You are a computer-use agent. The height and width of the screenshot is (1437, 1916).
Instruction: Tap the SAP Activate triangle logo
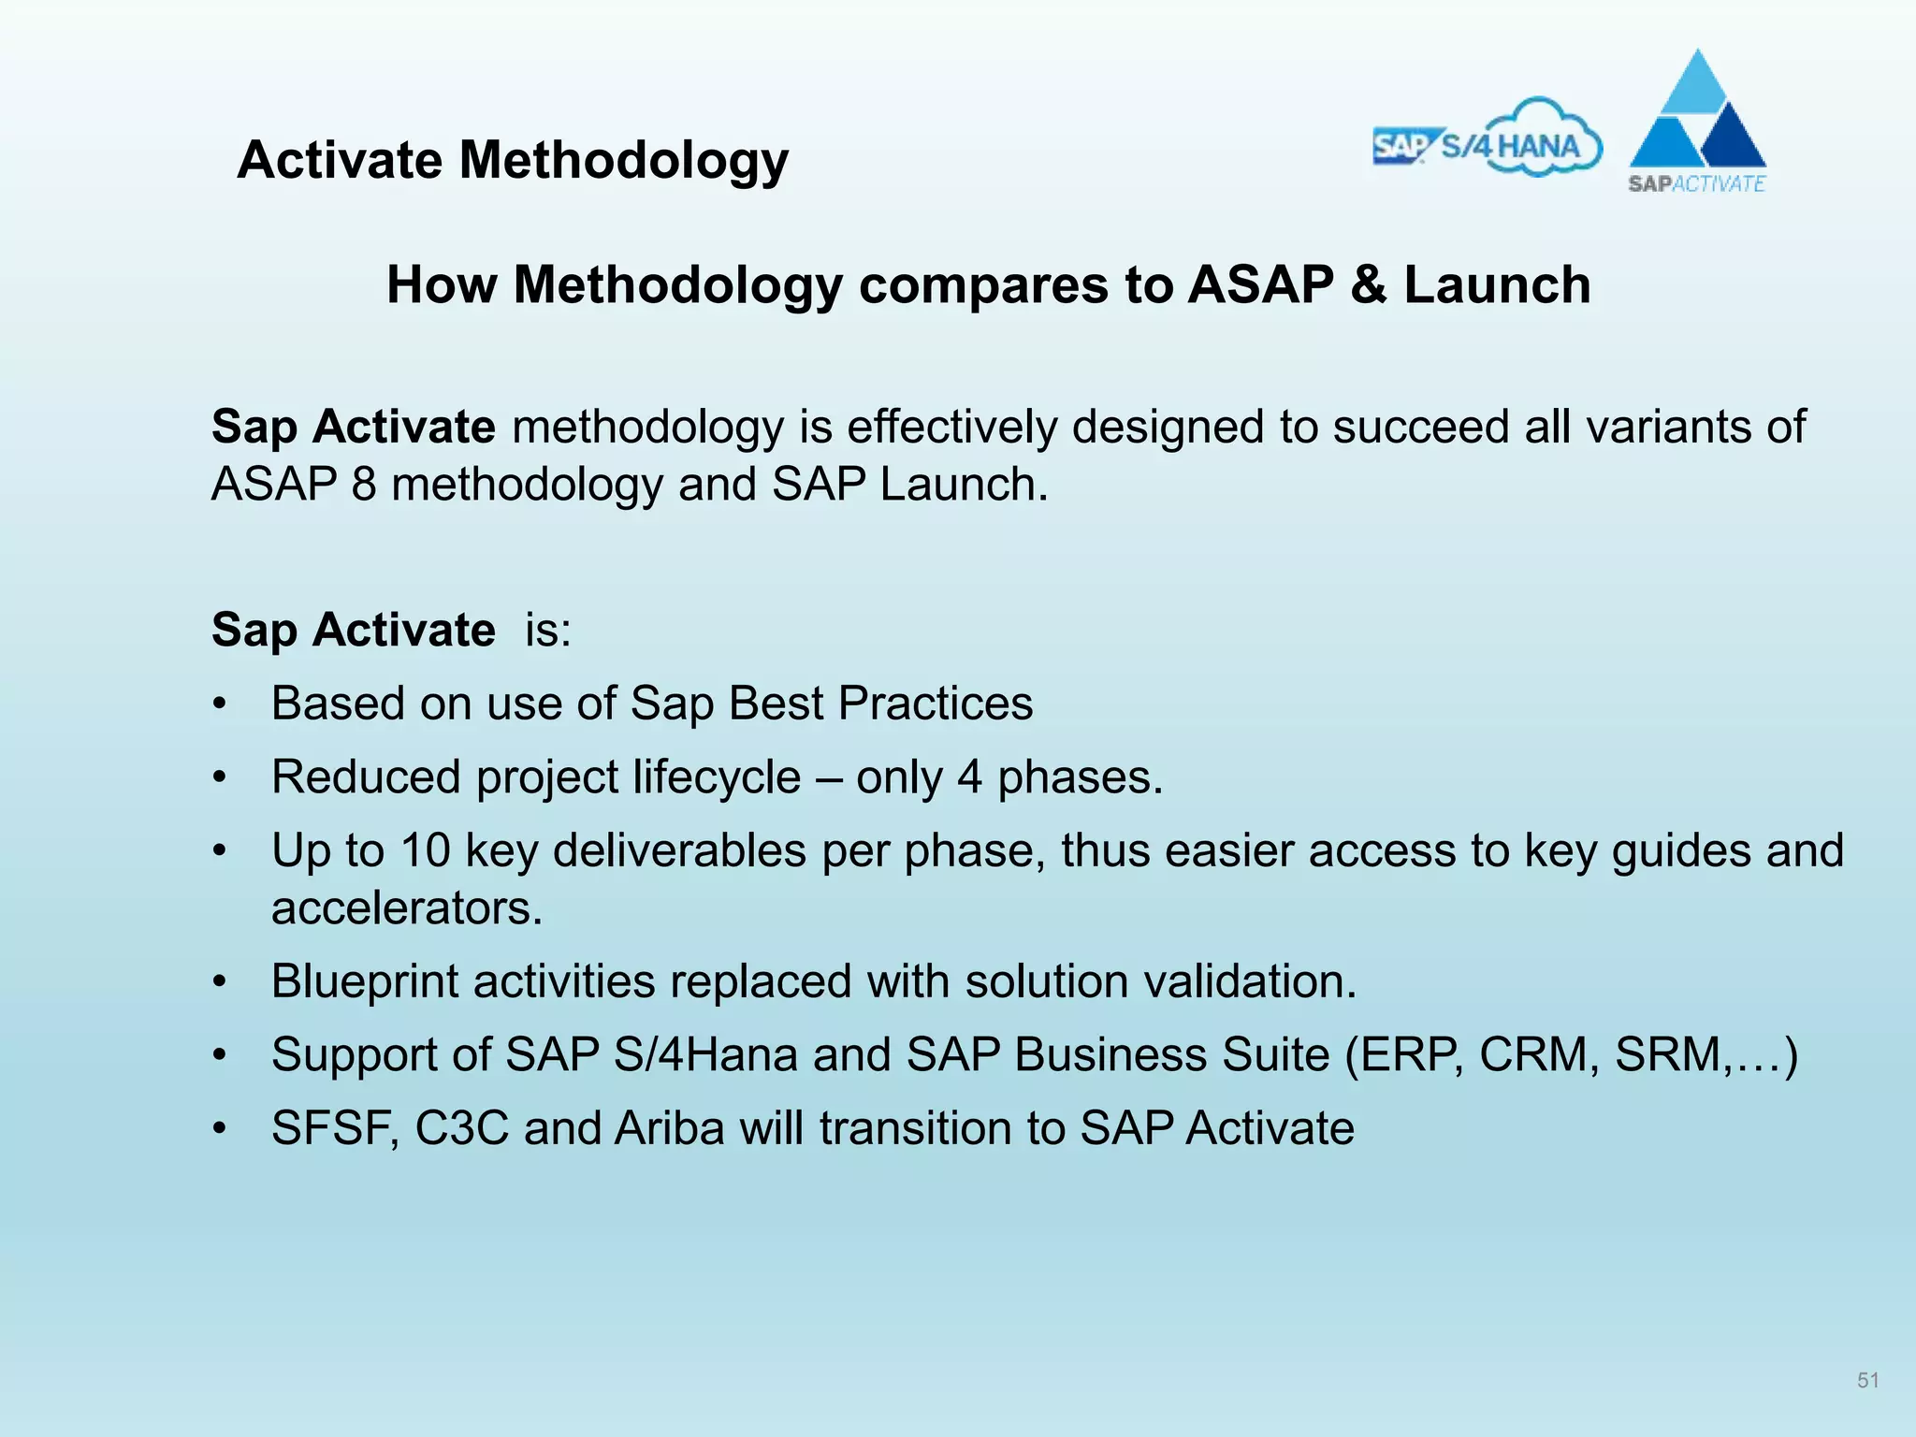coord(1697,122)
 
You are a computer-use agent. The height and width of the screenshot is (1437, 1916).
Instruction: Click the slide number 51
coord(1867,1380)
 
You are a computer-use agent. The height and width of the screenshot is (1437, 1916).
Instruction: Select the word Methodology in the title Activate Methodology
coord(623,161)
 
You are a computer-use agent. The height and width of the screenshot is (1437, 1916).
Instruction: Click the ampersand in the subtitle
coord(1368,284)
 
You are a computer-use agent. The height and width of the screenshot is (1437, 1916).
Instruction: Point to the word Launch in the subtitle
coord(1497,284)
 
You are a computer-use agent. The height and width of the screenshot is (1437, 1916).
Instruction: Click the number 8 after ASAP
coord(364,485)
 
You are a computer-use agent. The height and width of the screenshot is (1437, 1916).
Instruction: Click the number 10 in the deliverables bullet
coord(426,851)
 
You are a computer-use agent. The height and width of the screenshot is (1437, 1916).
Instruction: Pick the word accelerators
coord(407,908)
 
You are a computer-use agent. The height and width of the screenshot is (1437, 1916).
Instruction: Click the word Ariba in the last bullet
coord(669,1128)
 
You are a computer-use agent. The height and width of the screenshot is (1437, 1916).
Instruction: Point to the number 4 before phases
coord(969,777)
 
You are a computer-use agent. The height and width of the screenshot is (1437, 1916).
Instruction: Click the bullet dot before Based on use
coord(219,704)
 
